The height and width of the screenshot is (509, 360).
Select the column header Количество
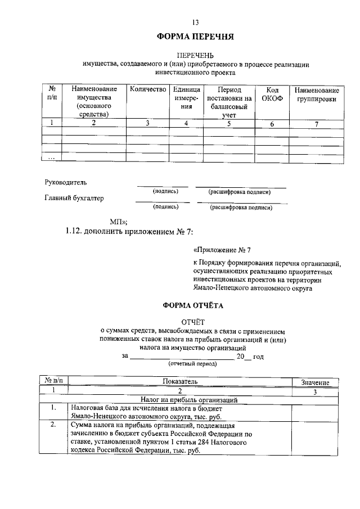click(x=148, y=89)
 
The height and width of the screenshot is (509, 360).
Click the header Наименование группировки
click(x=317, y=94)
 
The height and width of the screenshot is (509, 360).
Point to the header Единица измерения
click(x=186, y=97)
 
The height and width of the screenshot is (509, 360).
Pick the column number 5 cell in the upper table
click(x=229, y=124)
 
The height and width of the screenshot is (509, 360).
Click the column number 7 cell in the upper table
click(x=317, y=124)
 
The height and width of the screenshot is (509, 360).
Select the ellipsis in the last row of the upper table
click(x=51, y=158)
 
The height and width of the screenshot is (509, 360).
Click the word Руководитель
click(x=66, y=182)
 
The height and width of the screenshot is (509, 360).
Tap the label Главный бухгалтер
click(x=74, y=198)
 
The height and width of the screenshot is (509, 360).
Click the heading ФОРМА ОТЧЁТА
click(x=193, y=306)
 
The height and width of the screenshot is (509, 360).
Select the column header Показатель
click(x=180, y=381)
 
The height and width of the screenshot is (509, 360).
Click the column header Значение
click(x=315, y=382)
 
